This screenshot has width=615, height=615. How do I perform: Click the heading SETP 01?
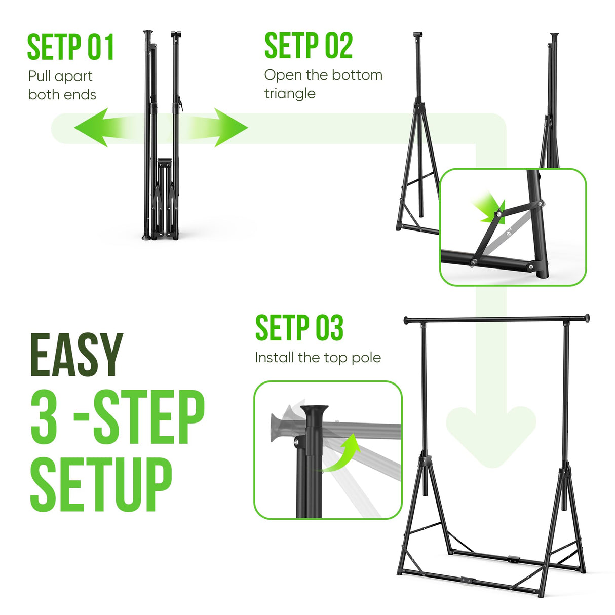click(x=70, y=47)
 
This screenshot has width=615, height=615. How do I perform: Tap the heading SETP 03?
click(x=299, y=327)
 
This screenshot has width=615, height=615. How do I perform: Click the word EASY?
click(x=76, y=355)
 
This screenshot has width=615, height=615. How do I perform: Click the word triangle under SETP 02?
click(x=290, y=94)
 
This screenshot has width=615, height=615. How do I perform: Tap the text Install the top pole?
click(x=318, y=358)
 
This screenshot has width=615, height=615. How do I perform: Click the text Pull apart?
click(x=60, y=76)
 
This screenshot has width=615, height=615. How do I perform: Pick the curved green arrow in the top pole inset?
click(x=341, y=452)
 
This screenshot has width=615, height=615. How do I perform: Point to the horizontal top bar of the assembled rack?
click(x=496, y=319)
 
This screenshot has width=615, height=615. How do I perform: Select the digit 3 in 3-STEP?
click(x=44, y=417)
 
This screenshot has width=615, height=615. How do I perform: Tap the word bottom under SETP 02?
click(x=357, y=75)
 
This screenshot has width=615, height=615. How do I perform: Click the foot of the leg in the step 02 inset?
click(x=542, y=272)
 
